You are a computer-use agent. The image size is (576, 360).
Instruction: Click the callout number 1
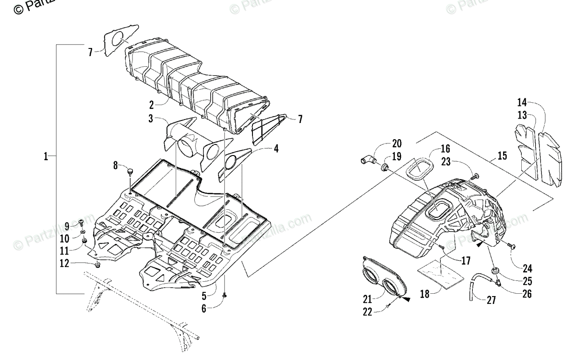[x=46, y=156]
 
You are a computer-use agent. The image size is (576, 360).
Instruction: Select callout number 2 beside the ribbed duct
[x=151, y=104]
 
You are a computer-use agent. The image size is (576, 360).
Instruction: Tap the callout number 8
[x=116, y=166]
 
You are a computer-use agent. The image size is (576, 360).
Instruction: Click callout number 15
[x=502, y=156]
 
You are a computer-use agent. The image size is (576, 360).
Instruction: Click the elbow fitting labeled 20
[x=367, y=160]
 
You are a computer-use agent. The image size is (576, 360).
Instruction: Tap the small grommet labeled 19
[x=384, y=168]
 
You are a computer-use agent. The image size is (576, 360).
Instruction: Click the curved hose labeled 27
[x=474, y=287]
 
